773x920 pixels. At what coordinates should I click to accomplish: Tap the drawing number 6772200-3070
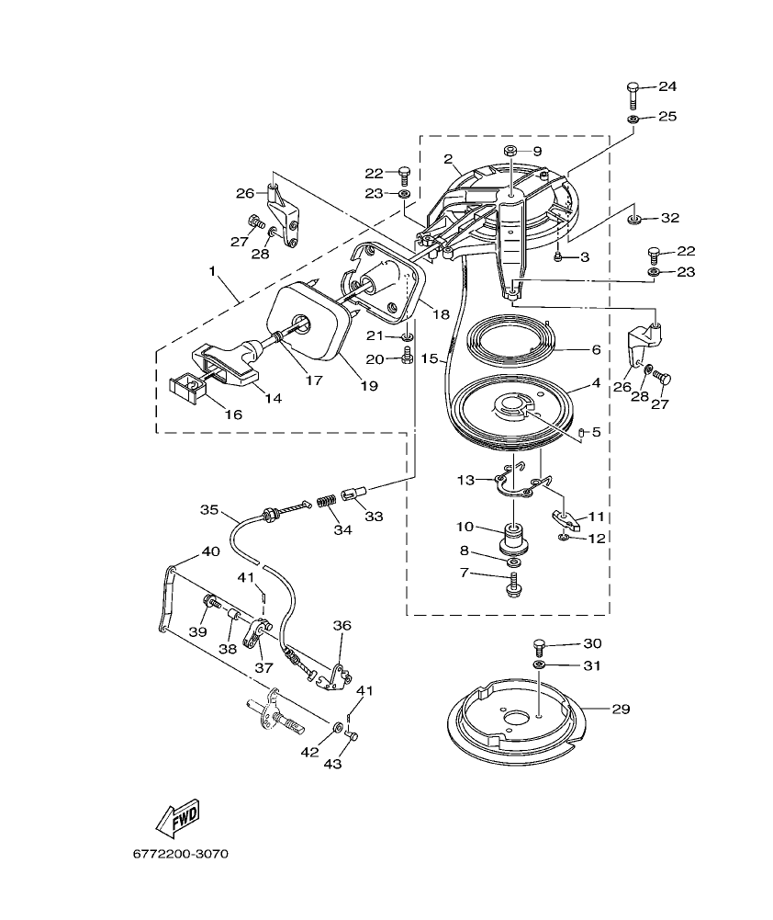[180, 854]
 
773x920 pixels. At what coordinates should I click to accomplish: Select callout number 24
[667, 86]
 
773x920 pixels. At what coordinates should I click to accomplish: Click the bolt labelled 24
[633, 93]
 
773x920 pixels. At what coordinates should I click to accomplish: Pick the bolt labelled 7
[511, 584]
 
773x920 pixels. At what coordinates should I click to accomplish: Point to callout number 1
[213, 273]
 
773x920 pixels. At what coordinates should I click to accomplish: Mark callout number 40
[210, 551]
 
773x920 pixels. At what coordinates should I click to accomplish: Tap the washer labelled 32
[634, 221]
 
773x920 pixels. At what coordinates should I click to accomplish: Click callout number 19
[368, 386]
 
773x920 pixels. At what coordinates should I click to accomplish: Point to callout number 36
[342, 625]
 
